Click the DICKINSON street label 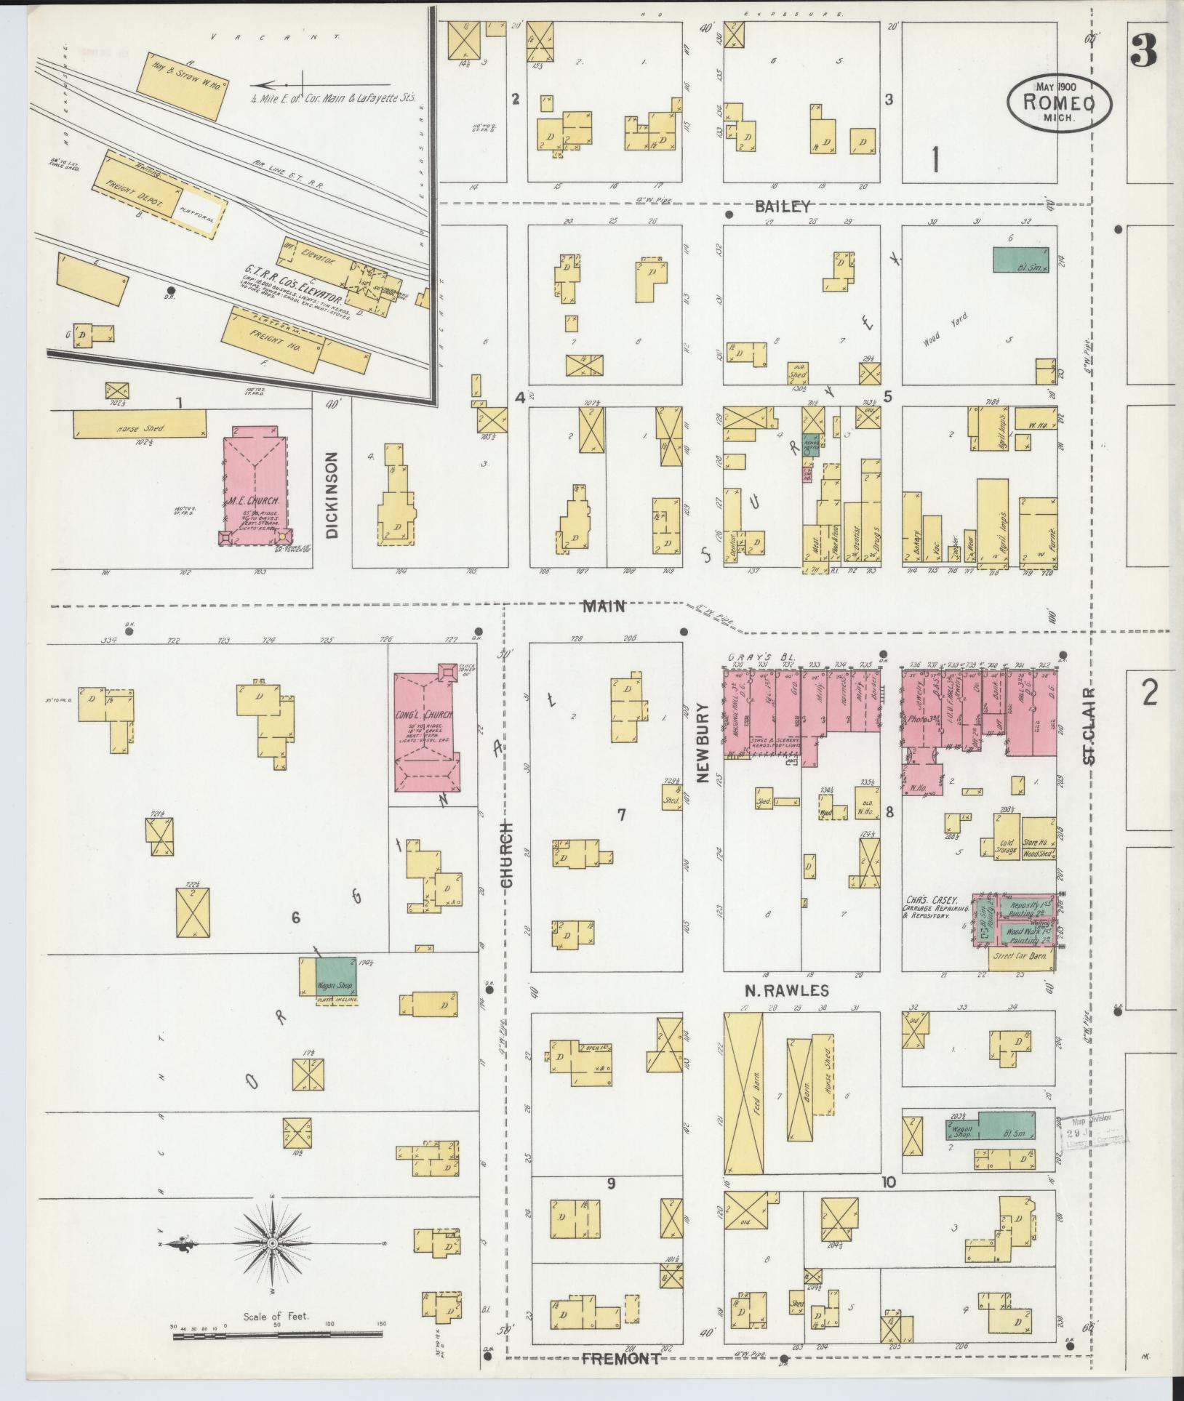332,495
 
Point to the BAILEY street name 782,206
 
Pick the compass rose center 272,1244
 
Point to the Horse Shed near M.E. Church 139,424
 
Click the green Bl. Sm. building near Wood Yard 1021,260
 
